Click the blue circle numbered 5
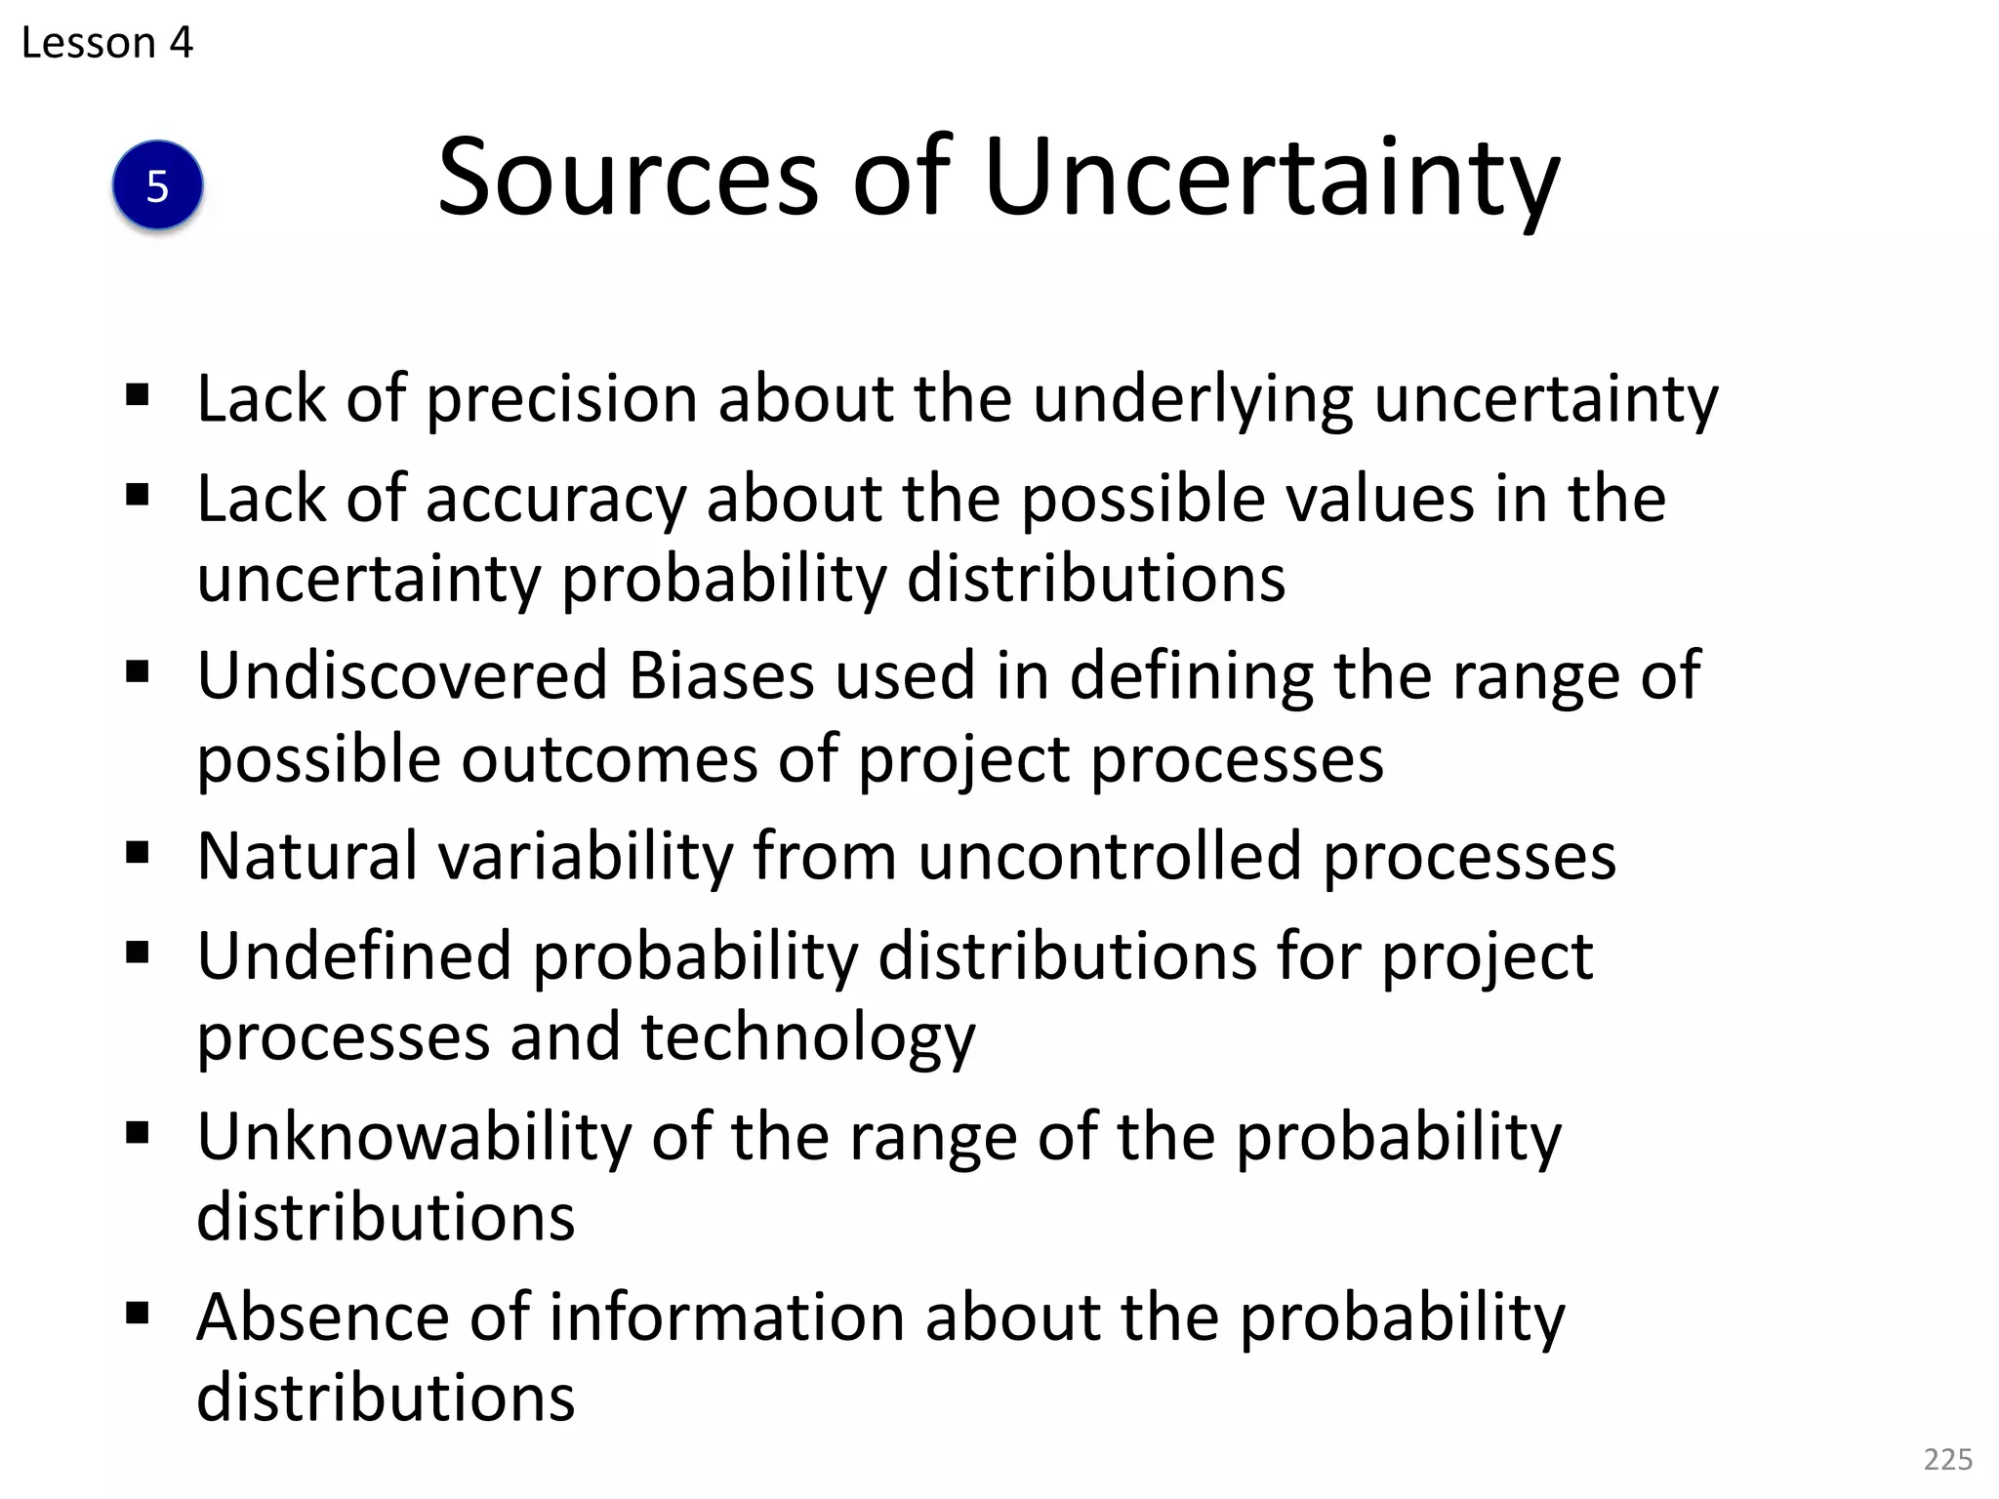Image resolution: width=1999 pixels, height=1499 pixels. coord(157,185)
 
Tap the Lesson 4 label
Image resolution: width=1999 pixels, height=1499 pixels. coord(106,43)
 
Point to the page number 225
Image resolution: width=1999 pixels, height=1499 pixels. coord(1947,1459)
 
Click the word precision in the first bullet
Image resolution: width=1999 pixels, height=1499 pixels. coord(561,400)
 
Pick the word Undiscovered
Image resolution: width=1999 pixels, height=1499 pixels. coord(402,675)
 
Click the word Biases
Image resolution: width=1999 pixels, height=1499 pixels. coord(721,675)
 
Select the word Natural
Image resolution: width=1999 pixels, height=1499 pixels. coord(306,856)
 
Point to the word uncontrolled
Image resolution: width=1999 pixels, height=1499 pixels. coord(1110,856)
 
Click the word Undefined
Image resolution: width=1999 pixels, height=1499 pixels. coord(353,956)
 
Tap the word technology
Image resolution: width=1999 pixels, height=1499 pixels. coord(807,1038)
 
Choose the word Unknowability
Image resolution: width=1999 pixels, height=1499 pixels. coord(414,1138)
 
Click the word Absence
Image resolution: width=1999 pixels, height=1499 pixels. coord(323,1317)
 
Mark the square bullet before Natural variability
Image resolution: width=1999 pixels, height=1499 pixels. coord(138,853)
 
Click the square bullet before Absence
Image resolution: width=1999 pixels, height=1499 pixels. coord(138,1314)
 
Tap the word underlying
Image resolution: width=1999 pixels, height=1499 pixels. coord(1193,400)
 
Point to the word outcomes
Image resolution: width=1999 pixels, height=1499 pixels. coord(609,759)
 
